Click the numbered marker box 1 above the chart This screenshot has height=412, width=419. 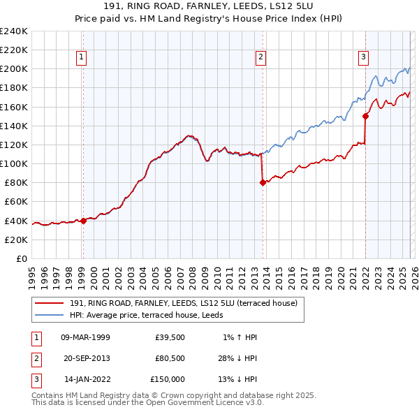pos(82,57)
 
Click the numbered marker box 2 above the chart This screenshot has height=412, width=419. pos(260,57)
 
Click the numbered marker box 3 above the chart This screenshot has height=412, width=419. pos(364,57)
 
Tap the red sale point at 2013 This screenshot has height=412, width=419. pos(263,182)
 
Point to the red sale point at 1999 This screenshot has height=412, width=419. pos(83,221)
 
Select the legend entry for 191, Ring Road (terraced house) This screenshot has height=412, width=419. pos(184,303)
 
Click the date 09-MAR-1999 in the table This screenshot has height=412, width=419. pos(86,337)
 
